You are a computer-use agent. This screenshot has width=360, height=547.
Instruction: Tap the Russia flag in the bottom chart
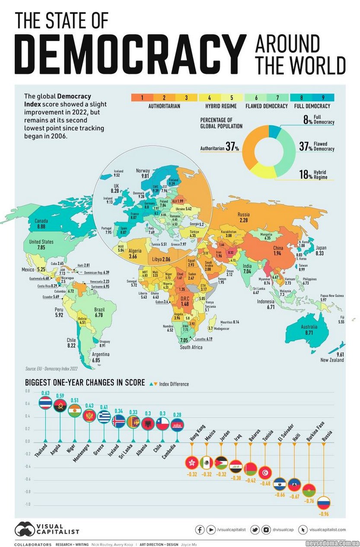click(x=324, y=502)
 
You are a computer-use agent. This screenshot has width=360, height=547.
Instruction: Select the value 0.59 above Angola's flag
click(x=60, y=395)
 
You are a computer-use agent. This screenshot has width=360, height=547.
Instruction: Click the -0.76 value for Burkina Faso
click(x=309, y=501)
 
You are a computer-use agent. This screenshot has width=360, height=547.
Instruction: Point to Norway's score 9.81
click(x=143, y=176)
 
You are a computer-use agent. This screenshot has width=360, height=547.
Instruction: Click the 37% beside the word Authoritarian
click(x=232, y=148)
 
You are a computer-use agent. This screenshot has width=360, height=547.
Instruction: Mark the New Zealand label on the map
click(x=332, y=359)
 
